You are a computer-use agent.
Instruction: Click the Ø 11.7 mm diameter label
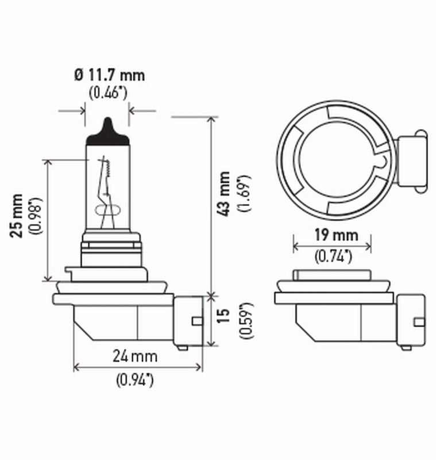coord(109,75)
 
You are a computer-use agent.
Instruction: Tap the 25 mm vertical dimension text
coord(18,216)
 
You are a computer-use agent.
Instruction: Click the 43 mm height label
coord(225,193)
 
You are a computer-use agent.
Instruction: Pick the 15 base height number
coord(225,315)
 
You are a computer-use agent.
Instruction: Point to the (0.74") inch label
coord(334,256)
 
